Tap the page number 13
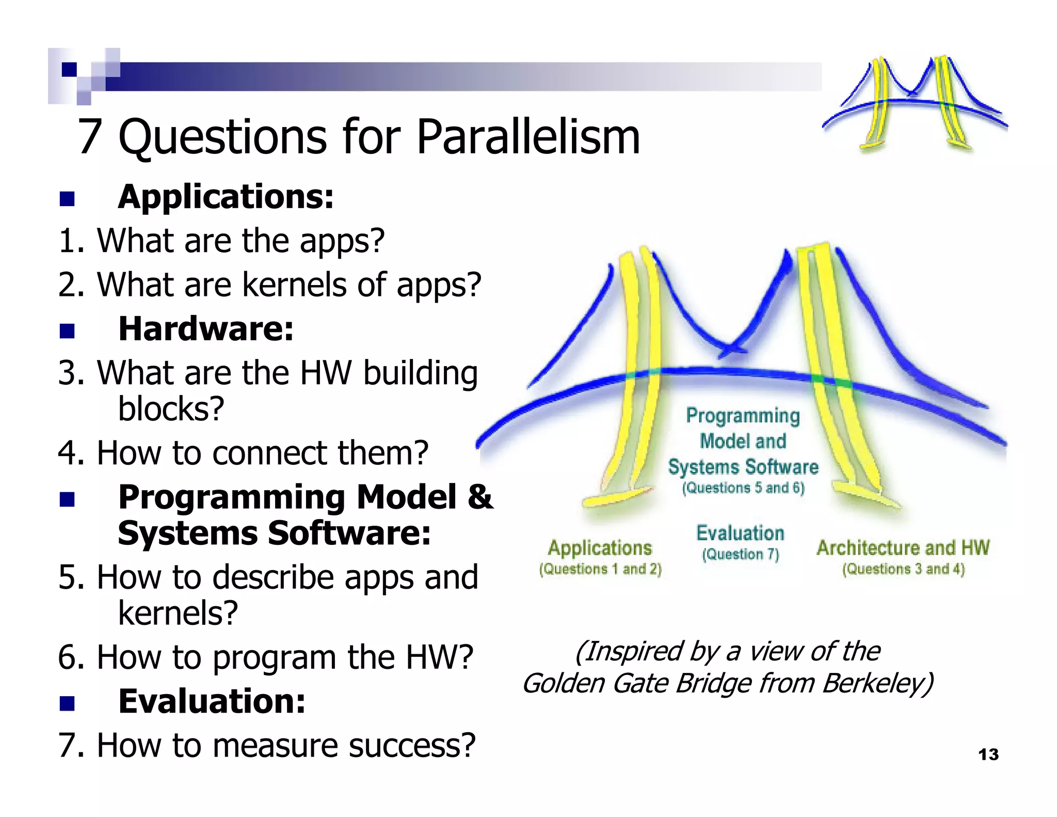[x=988, y=755]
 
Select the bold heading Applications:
[x=226, y=197]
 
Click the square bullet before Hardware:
[x=67, y=331]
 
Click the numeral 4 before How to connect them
[x=67, y=453]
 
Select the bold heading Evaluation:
[x=212, y=701]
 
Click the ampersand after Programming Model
[x=481, y=497]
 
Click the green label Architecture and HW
[x=903, y=548]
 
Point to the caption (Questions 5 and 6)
[x=743, y=488]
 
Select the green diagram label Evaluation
[x=740, y=533]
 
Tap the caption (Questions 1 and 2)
[x=600, y=569]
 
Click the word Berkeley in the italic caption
[x=877, y=683]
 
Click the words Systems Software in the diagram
[x=743, y=467]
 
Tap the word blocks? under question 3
[x=171, y=409]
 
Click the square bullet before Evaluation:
[x=67, y=703]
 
